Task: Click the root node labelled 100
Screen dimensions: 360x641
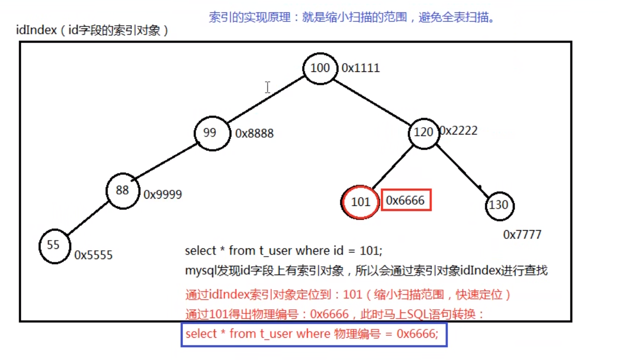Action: point(320,68)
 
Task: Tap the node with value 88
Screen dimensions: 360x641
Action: point(123,190)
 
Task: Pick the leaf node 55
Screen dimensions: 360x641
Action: point(54,245)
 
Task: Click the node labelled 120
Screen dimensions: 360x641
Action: point(424,132)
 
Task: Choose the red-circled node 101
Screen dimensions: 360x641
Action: point(361,202)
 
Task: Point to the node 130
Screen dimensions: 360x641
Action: point(499,205)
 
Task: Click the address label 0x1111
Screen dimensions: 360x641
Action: point(361,68)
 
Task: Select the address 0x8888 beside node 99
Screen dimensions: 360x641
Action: point(254,133)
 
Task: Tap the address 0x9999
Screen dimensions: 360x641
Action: point(163,194)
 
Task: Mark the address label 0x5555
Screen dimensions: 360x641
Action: point(94,255)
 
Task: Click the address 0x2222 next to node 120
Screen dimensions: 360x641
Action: point(458,131)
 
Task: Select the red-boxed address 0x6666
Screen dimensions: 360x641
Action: point(406,201)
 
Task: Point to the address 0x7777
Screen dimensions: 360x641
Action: point(522,235)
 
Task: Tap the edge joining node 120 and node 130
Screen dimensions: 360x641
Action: point(462,171)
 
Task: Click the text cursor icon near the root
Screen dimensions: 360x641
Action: point(267,87)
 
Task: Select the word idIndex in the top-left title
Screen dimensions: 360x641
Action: point(36,31)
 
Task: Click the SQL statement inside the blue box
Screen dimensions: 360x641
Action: point(312,334)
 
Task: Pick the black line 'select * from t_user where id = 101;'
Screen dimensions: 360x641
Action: point(284,251)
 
